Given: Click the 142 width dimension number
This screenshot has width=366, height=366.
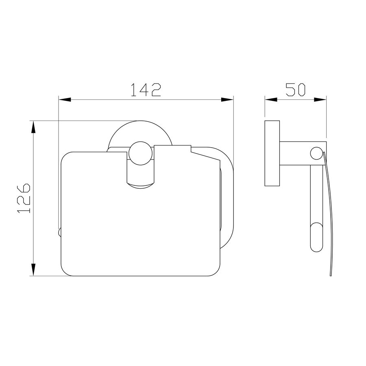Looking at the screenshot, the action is pyautogui.click(x=146, y=90).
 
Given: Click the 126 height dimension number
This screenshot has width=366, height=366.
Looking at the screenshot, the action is pyautogui.click(x=24, y=198).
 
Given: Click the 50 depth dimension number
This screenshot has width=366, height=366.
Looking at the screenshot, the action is pyautogui.click(x=296, y=89).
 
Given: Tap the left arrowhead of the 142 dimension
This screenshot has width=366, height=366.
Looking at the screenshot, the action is pyautogui.click(x=65, y=100).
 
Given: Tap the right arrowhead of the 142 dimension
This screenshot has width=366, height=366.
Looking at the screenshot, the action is pyautogui.click(x=227, y=100).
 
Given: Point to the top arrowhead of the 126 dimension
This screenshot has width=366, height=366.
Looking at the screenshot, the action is pyautogui.click(x=34, y=127).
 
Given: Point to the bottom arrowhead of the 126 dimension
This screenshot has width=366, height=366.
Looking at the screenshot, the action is pyautogui.click(x=34, y=270).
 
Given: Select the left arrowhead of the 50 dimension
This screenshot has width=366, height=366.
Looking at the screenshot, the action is pyautogui.click(x=271, y=100).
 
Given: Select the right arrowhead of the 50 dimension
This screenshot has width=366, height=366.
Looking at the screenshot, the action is pyautogui.click(x=320, y=100).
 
